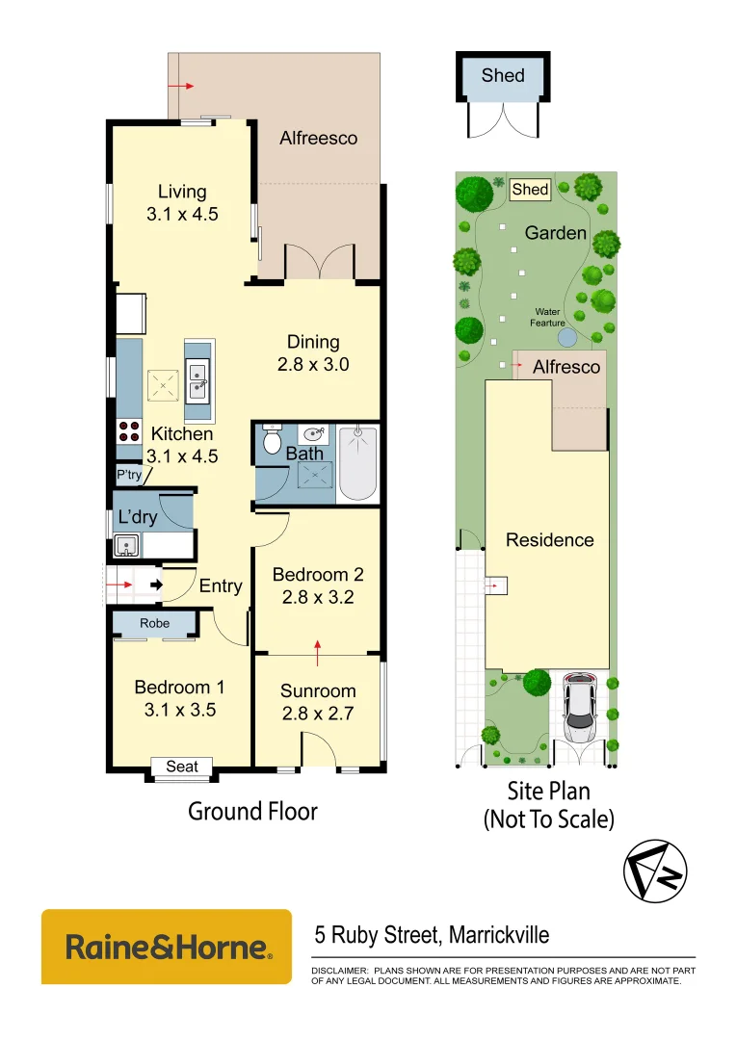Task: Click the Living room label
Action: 182,192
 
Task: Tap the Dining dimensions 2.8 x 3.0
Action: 313,365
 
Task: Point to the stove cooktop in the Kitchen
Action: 128,431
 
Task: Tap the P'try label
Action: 127,476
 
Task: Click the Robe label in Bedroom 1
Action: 154,623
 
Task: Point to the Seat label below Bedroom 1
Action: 182,767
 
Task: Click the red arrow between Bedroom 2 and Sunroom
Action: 318,652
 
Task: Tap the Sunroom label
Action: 318,690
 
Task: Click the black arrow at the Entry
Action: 153,584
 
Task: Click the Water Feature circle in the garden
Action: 567,338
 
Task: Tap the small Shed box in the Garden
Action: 530,190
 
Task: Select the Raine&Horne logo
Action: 166,947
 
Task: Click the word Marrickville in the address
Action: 496,934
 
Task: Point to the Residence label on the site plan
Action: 549,540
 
